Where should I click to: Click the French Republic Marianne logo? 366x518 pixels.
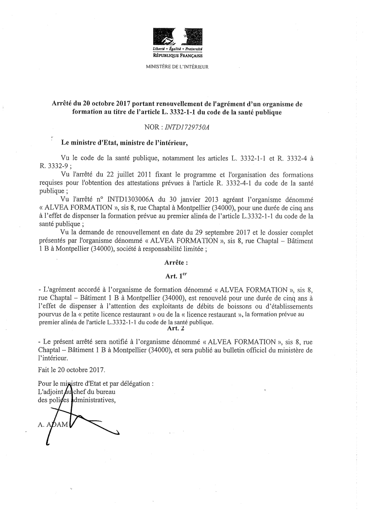(x=177, y=37)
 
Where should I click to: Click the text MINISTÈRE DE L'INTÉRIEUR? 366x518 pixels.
(x=177, y=67)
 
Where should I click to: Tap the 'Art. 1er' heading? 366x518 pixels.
(x=176, y=276)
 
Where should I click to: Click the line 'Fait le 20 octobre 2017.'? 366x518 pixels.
(x=71, y=369)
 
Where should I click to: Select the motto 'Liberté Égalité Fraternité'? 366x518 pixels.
(x=178, y=49)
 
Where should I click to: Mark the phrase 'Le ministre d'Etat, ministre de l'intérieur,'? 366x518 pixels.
(x=124, y=143)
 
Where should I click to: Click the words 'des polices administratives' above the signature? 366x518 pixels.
(x=76, y=400)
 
